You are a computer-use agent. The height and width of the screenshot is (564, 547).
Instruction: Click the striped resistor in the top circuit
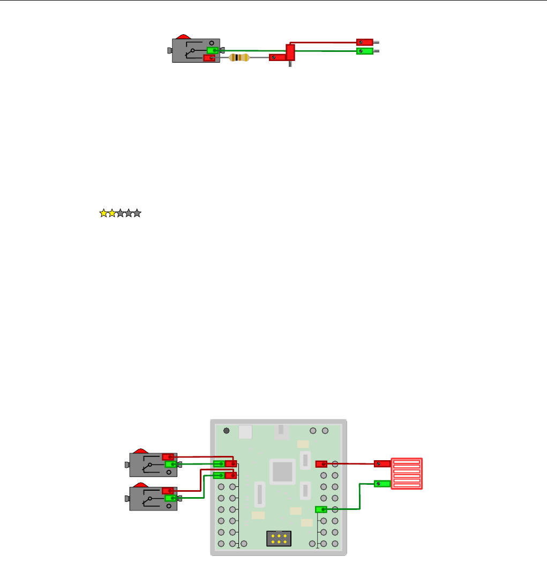click(240, 58)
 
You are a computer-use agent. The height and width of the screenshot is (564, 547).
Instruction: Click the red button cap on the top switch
click(183, 37)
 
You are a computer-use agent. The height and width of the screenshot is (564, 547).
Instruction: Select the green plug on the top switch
click(213, 51)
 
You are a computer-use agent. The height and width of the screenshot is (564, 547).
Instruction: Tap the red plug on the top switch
click(209, 58)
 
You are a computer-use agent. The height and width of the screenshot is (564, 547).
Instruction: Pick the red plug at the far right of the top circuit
click(365, 42)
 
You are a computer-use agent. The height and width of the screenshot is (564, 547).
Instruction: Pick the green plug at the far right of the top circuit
click(365, 51)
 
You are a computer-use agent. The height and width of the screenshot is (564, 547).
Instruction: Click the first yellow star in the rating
click(103, 214)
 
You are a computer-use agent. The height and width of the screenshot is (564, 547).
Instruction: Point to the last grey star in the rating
click(137, 214)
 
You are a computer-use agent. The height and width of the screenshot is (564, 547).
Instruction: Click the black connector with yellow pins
click(279, 539)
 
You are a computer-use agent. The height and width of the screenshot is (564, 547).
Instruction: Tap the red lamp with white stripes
click(407, 474)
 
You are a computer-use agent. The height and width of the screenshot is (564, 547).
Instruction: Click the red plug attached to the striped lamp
click(382, 463)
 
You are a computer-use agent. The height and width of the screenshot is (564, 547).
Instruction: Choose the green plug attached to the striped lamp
click(381, 484)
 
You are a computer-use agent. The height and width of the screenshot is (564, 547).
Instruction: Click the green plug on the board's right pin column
click(321, 509)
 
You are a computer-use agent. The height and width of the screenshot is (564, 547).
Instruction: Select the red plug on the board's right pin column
click(321, 464)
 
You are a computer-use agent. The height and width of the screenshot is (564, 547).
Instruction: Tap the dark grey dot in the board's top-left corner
click(227, 431)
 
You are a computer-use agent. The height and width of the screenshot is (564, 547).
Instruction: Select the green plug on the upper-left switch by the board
click(171, 464)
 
